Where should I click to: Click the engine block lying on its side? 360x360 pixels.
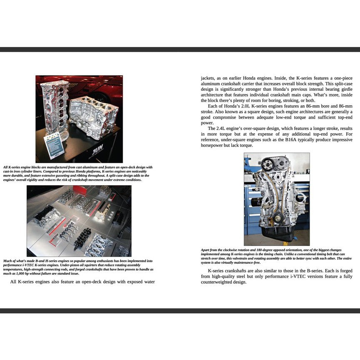tap(94, 117)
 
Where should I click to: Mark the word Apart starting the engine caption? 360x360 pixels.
tap(206, 250)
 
